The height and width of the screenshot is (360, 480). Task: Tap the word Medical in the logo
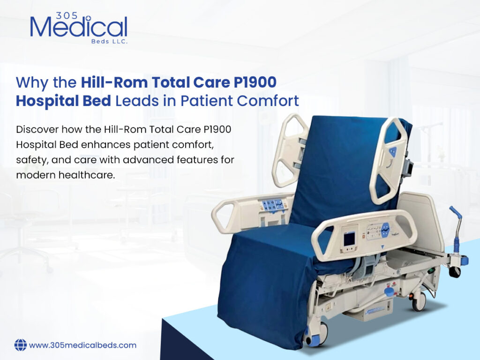coord(78,28)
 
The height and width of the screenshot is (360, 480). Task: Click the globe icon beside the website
coord(20,345)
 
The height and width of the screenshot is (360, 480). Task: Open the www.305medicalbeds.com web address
coord(83,345)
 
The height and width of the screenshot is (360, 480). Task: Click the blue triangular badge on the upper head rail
coord(392,152)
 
